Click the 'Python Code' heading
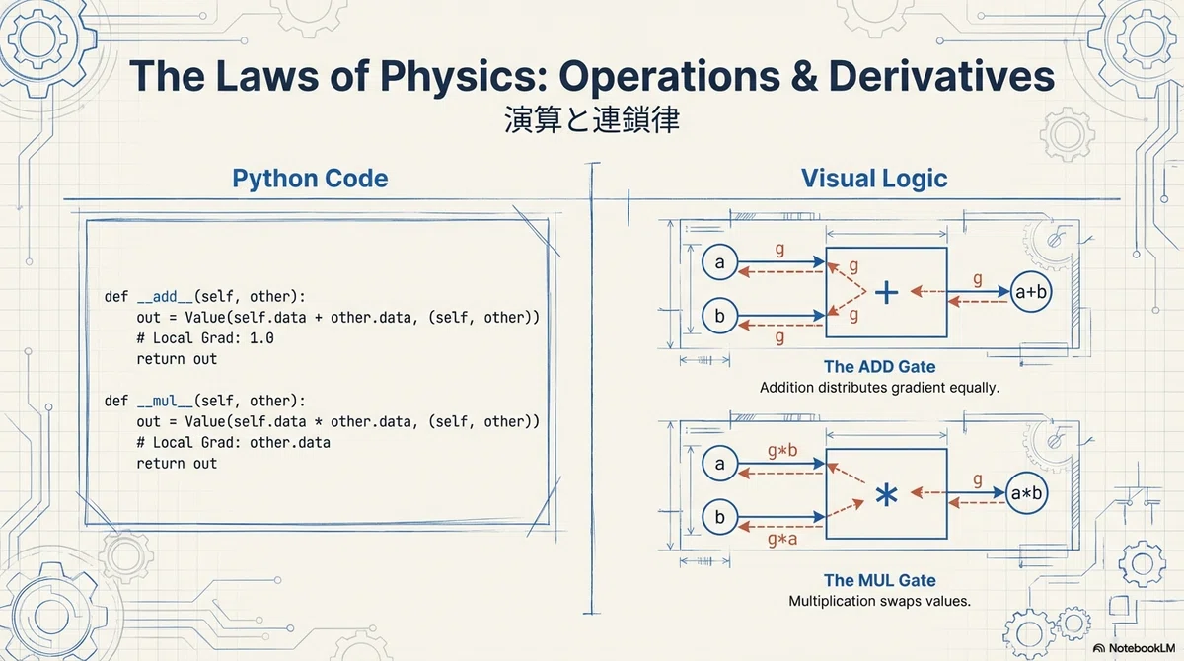tap(310, 179)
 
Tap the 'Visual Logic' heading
tap(874, 179)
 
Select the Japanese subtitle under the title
tap(592, 119)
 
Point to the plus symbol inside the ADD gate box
tap(886, 293)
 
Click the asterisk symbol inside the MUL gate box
tap(886, 495)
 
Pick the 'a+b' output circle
tap(1031, 292)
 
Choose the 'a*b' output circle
tap(1026, 493)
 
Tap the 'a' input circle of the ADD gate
tap(720, 262)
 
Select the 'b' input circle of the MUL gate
tap(720, 517)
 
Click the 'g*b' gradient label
tap(782, 451)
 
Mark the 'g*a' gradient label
tap(782, 540)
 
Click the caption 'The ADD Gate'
tap(879, 366)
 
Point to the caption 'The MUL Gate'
tap(879, 580)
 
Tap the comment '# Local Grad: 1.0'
tap(205, 338)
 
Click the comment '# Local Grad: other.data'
tap(233, 442)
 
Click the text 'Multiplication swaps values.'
tap(879, 601)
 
